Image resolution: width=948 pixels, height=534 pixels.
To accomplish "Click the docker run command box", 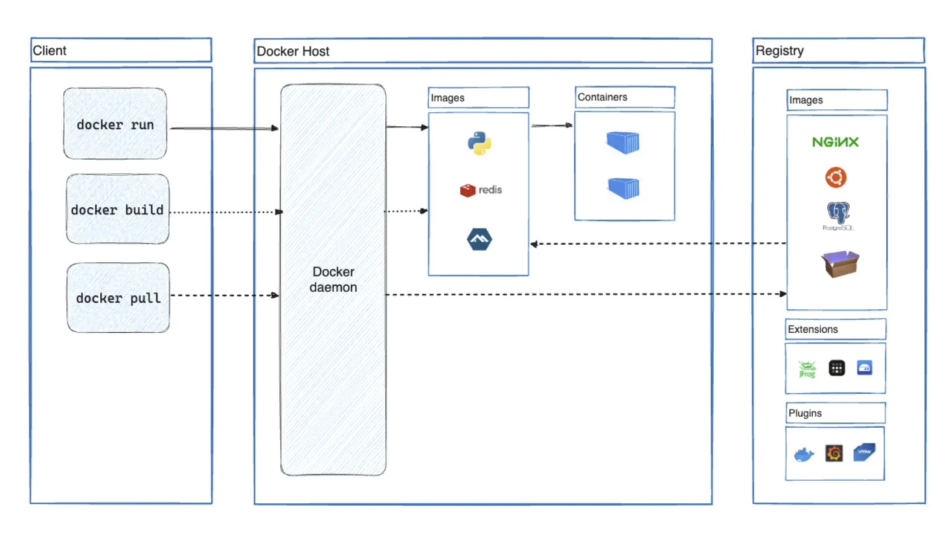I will click(x=115, y=124).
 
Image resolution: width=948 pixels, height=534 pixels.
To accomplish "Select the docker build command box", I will click(x=117, y=209).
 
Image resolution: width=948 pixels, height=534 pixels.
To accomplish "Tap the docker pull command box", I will click(x=118, y=297).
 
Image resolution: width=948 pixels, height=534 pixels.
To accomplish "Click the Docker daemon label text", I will click(x=333, y=279).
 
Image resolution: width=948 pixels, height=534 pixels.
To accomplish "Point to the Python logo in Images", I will click(x=479, y=143).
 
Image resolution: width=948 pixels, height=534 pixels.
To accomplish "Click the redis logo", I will click(x=481, y=190).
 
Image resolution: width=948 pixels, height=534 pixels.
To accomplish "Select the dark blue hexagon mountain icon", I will click(x=479, y=239).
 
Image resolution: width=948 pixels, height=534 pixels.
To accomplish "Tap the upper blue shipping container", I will click(x=623, y=143).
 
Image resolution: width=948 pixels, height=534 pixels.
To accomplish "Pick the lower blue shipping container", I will click(x=623, y=188).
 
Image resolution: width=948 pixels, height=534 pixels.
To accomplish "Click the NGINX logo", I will click(x=835, y=142).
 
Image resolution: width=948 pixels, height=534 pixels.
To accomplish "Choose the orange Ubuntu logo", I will click(x=836, y=177).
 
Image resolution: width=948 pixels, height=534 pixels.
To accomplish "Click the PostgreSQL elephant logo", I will click(x=838, y=213).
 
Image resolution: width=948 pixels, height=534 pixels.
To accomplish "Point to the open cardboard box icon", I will click(x=840, y=264).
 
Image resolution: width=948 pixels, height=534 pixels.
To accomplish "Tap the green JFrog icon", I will click(x=807, y=368).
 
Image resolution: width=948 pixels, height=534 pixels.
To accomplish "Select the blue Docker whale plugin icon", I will click(x=804, y=454).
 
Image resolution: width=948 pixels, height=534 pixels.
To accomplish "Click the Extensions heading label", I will click(x=813, y=329).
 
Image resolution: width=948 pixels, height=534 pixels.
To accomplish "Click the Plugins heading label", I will click(x=805, y=413).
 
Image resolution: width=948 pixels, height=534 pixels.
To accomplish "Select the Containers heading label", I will click(x=602, y=97).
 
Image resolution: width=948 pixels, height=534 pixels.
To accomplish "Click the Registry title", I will click(x=779, y=51).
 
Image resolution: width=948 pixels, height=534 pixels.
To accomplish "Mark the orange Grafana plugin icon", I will click(x=834, y=453).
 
